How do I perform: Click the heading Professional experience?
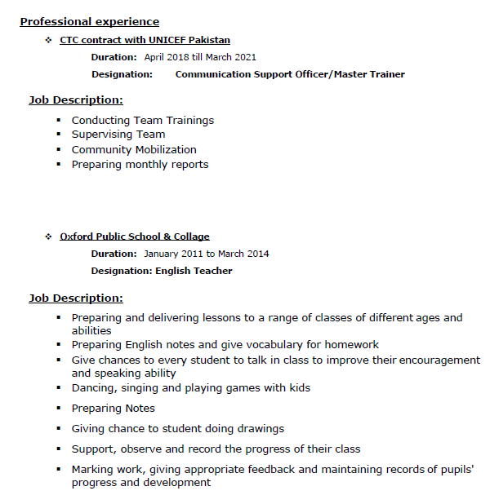tap(90, 22)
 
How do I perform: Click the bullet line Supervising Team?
tap(118, 135)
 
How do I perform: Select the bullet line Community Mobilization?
tap(134, 150)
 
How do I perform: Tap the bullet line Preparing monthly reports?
tap(140, 165)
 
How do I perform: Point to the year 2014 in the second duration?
tap(257, 254)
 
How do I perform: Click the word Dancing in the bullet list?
tap(93, 388)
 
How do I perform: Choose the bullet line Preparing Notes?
tap(113, 409)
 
